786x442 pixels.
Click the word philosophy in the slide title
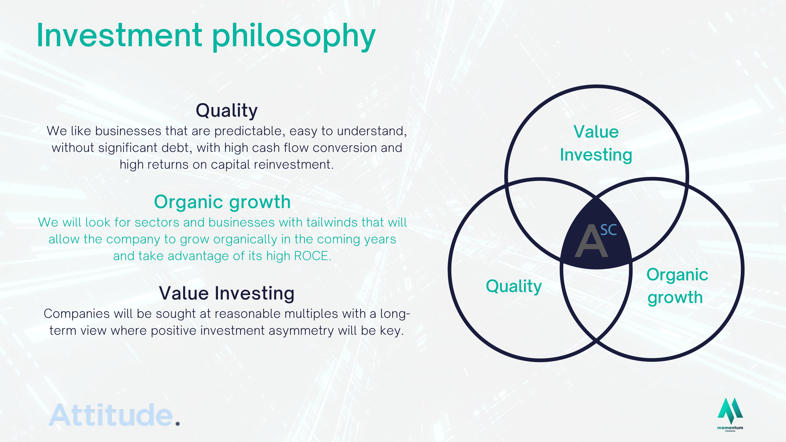coord(294,37)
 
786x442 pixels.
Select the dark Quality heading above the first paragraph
coord(227,111)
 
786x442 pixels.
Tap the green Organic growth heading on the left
coord(222,203)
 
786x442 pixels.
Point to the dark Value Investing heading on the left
coord(227,293)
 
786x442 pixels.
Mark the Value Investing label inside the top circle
coord(596,143)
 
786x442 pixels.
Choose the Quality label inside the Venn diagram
coord(514,286)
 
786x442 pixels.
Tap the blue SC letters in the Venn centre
coord(608,230)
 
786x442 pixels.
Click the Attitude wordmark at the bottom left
coord(111,415)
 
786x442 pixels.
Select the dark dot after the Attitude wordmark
coord(178,424)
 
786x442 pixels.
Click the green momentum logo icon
coord(730,411)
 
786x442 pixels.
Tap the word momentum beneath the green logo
coord(730,428)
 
